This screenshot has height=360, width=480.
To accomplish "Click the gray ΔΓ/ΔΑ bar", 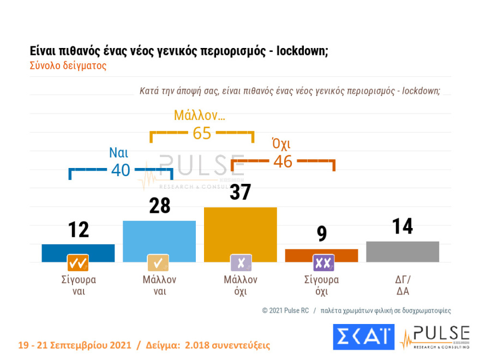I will pyautogui.click(x=403, y=251).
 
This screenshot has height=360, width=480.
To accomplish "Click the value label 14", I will pyautogui.click(x=403, y=226).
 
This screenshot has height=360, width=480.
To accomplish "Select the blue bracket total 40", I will pyautogui.click(x=121, y=170).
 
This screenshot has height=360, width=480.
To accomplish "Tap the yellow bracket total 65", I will pyautogui.click(x=202, y=133).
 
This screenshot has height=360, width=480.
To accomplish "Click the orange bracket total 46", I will pyautogui.click(x=283, y=161).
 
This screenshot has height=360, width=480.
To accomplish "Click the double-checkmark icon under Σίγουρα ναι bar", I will pyautogui.click(x=78, y=263).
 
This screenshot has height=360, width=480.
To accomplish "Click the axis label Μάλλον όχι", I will pyautogui.click(x=240, y=285).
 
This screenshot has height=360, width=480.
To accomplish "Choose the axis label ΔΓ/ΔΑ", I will pyautogui.click(x=403, y=285).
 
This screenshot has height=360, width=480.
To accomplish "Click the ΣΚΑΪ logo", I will pyautogui.click(x=363, y=336).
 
